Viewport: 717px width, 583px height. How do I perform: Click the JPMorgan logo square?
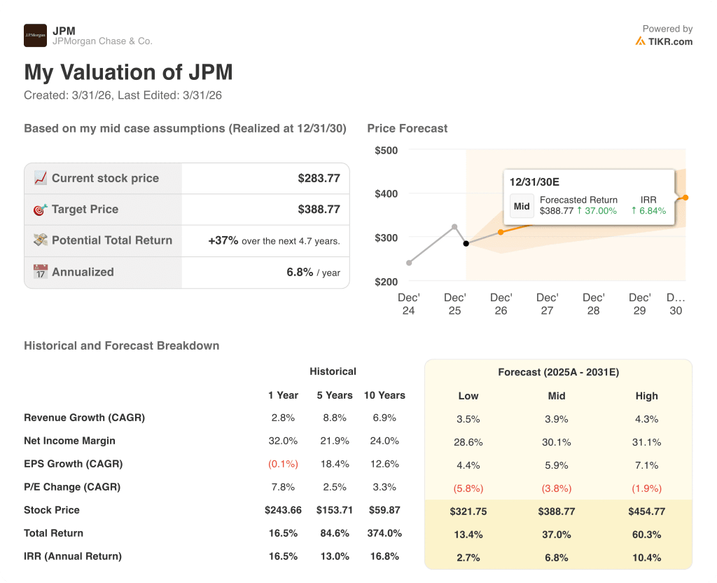[x=35, y=35]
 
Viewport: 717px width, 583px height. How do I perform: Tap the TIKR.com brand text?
[x=670, y=41]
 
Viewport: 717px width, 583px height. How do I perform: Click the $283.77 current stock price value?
[x=319, y=178]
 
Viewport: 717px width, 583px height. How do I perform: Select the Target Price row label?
[x=85, y=209]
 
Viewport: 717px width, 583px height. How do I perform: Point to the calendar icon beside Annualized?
[x=41, y=272]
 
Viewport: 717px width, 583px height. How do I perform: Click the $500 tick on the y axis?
[x=386, y=150]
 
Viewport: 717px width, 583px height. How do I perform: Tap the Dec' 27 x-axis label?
[x=547, y=303]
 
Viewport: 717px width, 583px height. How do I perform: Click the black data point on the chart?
[x=466, y=243]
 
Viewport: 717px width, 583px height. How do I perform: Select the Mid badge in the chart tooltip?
[x=522, y=206]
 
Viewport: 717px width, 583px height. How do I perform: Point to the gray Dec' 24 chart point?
[x=409, y=263]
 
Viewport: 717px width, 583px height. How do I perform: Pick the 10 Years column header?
[x=384, y=395]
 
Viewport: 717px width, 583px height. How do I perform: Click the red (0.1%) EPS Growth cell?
[x=283, y=464]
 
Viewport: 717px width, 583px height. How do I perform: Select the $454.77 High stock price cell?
[x=646, y=512]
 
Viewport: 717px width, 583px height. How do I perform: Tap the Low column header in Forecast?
[x=468, y=396]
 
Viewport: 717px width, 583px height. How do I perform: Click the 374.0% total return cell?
[x=384, y=533]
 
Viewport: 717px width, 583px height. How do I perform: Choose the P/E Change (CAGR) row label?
[x=72, y=487]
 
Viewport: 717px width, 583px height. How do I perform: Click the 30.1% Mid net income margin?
[x=557, y=442]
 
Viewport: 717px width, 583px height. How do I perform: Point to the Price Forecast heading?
[x=407, y=128]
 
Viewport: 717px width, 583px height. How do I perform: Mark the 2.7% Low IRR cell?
[x=468, y=558]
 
